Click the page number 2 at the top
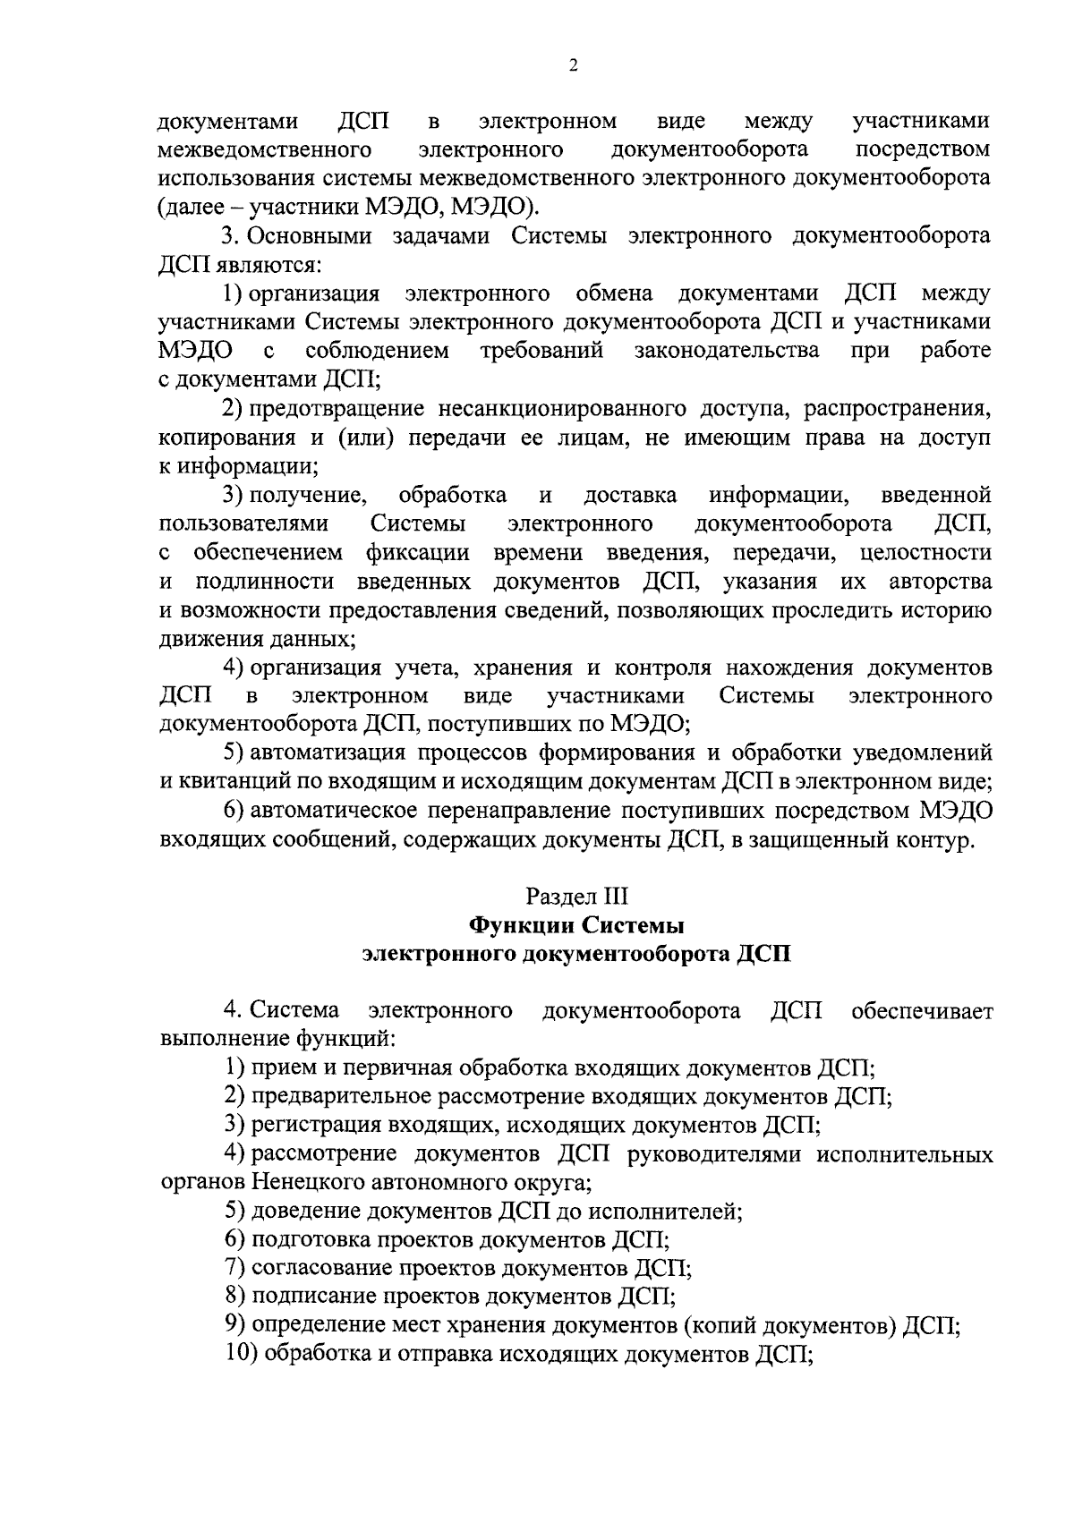pos(573,64)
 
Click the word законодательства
pos(727,350)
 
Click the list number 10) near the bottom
pos(242,1355)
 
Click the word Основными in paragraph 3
pos(311,236)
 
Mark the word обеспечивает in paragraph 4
pos(923,1011)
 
